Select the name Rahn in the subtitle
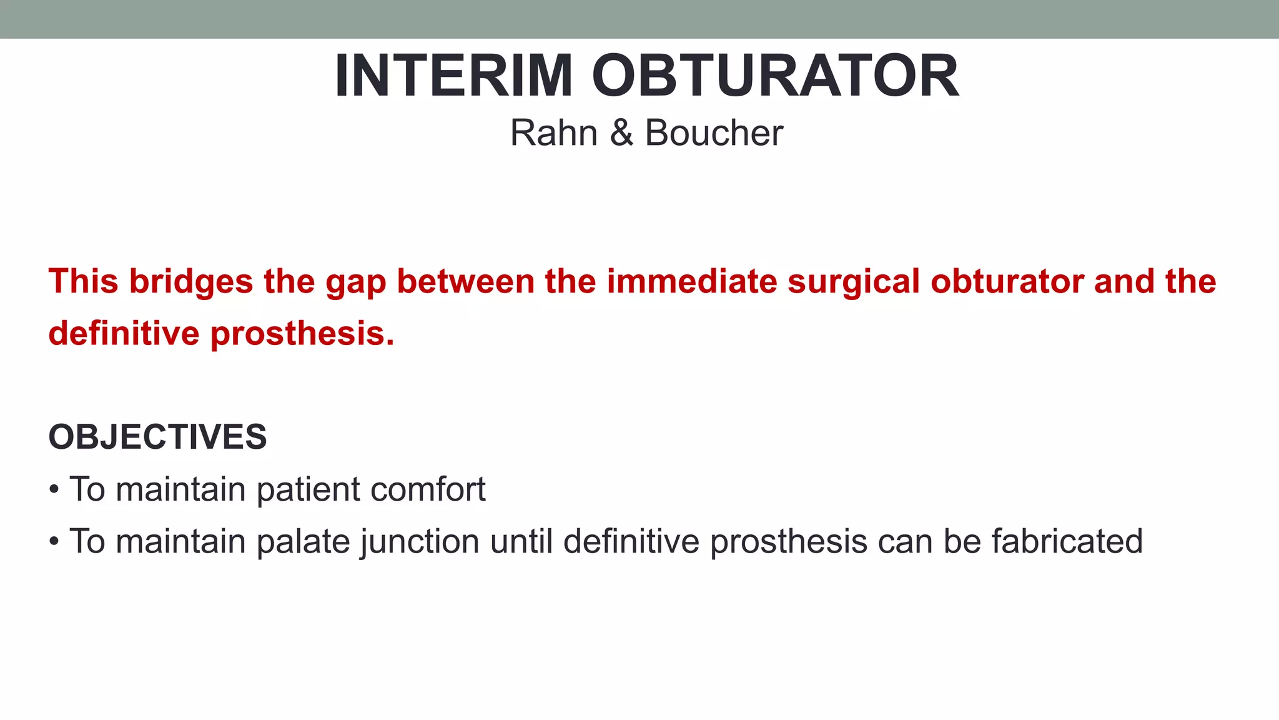[x=553, y=133]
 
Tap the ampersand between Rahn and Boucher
[x=621, y=133]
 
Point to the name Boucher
[x=713, y=133]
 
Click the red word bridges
[x=190, y=281]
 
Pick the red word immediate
[x=692, y=281]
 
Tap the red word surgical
[x=854, y=282]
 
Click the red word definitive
[x=124, y=333]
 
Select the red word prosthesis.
[x=302, y=334]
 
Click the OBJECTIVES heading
[x=157, y=437]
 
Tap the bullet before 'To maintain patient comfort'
[x=54, y=489]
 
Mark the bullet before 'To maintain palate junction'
[x=54, y=541]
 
